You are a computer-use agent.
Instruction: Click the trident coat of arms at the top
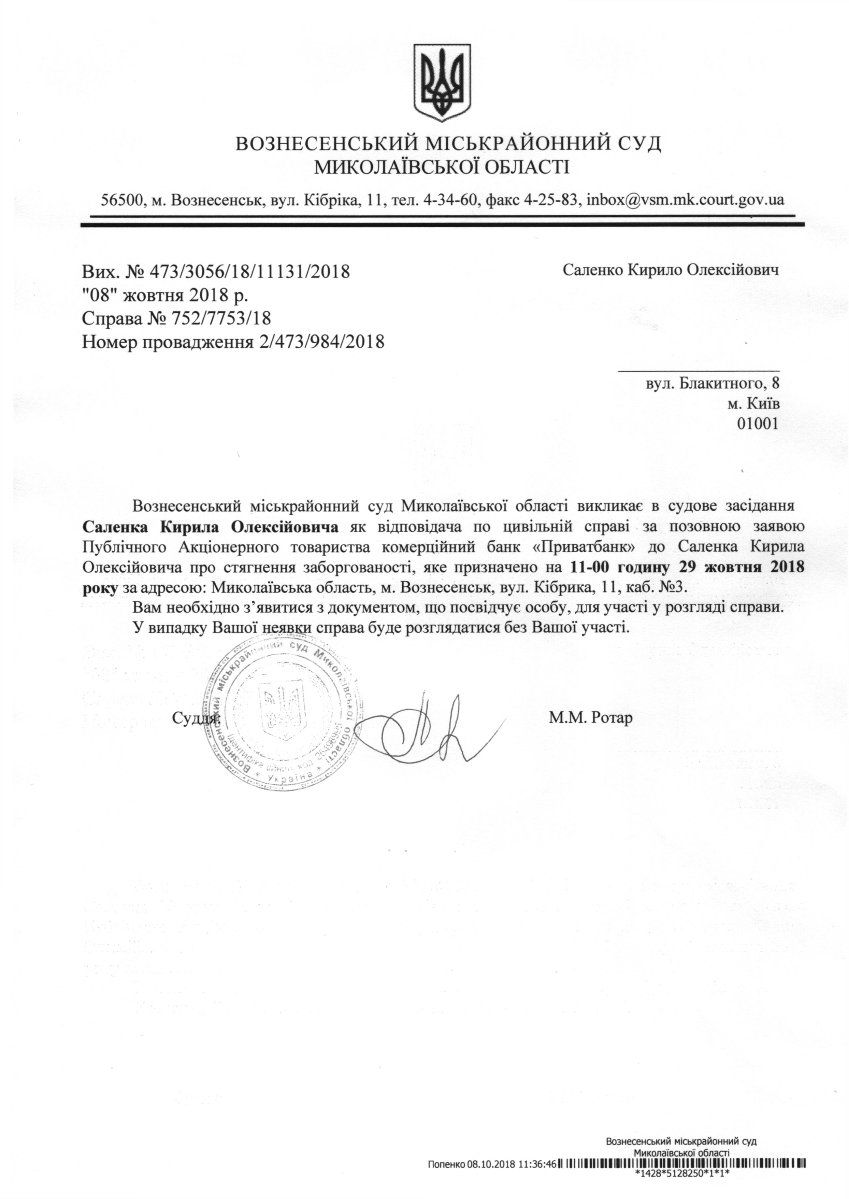(442, 80)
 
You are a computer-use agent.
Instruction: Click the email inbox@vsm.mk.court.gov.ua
(685, 199)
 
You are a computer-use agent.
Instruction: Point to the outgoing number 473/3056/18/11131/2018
(249, 272)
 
